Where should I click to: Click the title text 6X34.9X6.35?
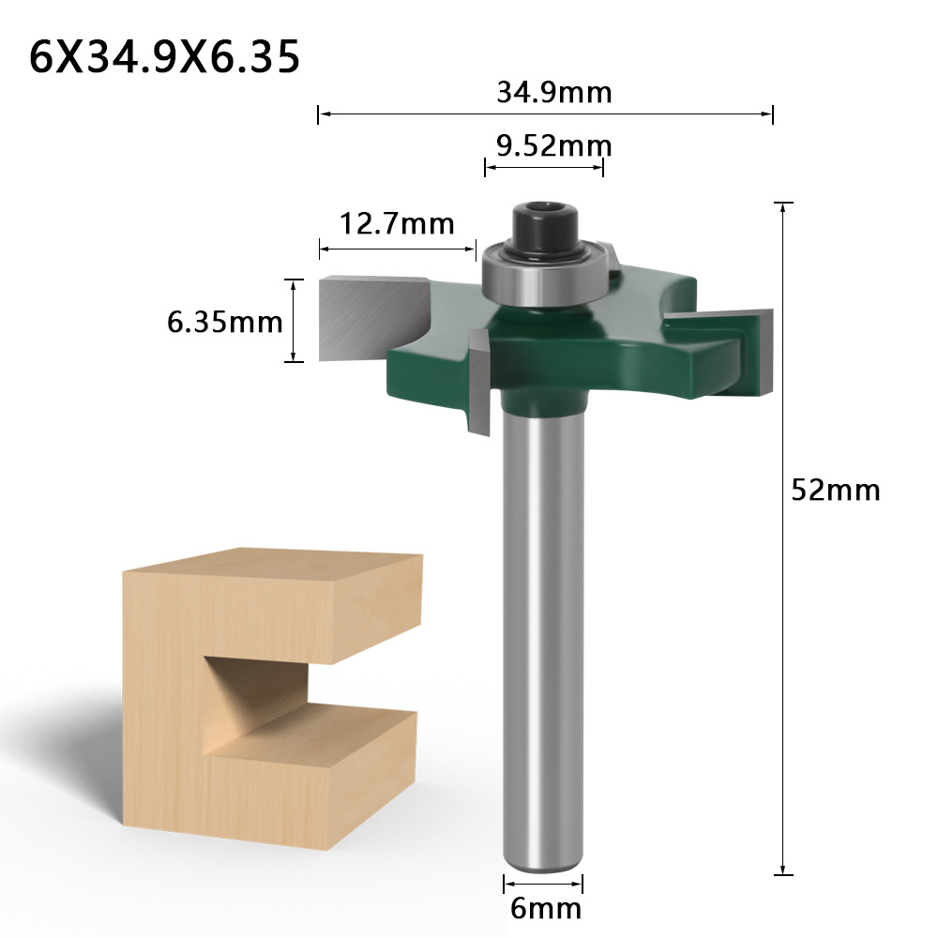pyautogui.click(x=164, y=57)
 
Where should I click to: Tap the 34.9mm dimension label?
pyautogui.click(x=554, y=92)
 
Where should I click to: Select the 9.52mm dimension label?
pyautogui.click(x=554, y=146)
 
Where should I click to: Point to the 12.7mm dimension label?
pyautogui.click(x=397, y=224)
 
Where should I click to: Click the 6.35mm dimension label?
pyautogui.click(x=224, y=322)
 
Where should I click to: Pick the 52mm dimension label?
pyautogui.click(x=836, y=490)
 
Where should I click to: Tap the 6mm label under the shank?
pyautogui.click(x=546, y=909)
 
